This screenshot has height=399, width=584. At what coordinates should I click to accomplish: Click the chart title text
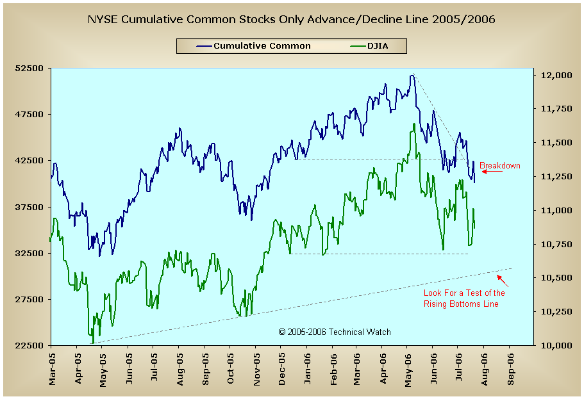pos(291,20)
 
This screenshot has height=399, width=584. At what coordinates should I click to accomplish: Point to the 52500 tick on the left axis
pos(29,69)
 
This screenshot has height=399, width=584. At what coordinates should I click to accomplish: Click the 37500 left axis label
pos(29,207)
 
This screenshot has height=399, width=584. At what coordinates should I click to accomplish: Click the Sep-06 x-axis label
pos(511,368)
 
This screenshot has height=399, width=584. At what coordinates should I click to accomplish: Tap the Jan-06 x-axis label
pos(307,368)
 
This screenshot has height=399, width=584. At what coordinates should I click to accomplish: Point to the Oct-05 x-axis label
pos(230,368)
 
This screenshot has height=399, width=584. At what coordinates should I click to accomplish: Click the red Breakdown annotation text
pos(500,166)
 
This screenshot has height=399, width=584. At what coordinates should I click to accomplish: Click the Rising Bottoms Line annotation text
pos(464,298)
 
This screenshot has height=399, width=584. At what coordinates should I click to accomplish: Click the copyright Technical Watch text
pos(335,332)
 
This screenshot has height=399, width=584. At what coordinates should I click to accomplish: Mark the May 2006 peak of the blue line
pos(412,75)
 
